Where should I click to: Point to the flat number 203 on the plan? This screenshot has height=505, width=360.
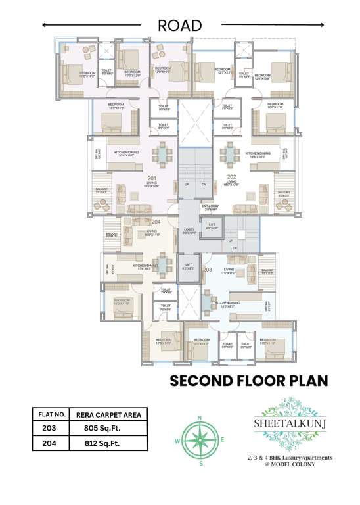coord(208,270)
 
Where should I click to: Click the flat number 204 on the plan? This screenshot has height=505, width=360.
coord(156,222)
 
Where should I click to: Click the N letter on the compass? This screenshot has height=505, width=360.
coord(200,418)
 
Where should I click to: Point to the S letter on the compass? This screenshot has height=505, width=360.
coord(200,464)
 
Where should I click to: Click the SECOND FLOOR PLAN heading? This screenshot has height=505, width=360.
coord(248,381)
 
